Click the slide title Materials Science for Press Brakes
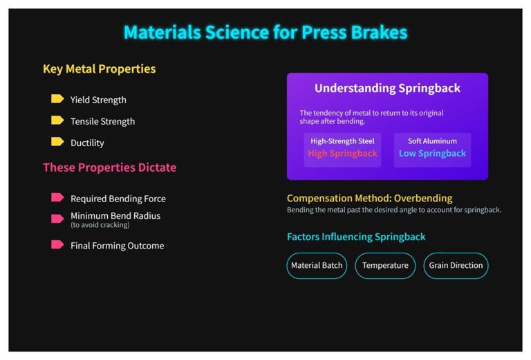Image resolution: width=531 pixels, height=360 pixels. [265, 33]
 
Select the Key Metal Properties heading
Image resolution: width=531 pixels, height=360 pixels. [100, 69]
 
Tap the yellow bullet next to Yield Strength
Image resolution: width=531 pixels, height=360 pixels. [57, 98]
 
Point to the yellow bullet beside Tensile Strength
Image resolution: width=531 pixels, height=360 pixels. [57, 120]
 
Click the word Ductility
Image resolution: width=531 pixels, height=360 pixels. [87, 143]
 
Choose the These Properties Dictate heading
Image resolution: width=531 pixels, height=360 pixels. [110, 167]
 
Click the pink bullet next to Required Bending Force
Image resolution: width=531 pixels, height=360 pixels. [57, 197]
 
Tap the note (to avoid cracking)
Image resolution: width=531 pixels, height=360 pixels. [100, 225]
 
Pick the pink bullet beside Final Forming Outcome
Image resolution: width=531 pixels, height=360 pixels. [57, 244]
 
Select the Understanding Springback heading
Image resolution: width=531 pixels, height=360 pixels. [387, 88]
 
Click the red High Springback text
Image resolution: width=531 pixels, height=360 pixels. [342, 154]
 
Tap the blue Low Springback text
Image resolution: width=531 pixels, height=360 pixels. [432, 154]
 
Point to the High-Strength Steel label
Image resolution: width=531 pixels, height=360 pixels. [342, 141]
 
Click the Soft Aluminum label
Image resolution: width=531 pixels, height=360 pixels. [432, 141]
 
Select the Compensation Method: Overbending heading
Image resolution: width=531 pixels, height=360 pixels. [369, 198]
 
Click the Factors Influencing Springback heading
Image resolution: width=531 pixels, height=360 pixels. [356, 237]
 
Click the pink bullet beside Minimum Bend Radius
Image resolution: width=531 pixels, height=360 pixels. [57, 219]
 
